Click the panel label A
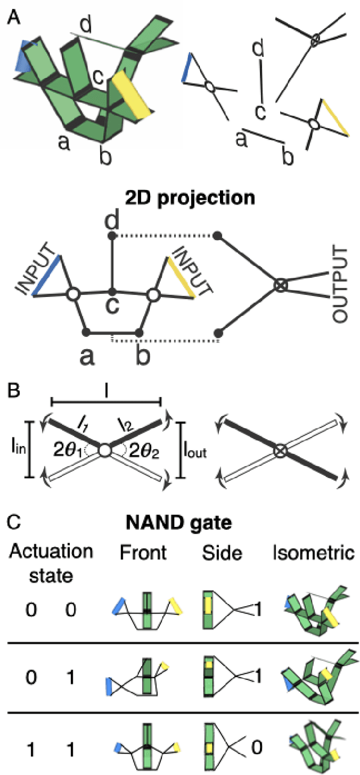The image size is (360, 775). click(13, 16)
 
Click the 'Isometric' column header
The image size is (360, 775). click(318, 553)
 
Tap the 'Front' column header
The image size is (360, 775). click(143, 553)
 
